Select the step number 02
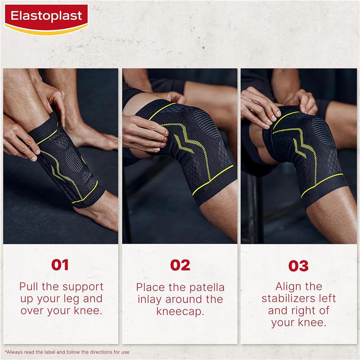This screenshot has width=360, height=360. (x=180, y=265)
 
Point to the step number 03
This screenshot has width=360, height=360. (x=298, y=265)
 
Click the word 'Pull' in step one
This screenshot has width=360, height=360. (x=29, y=287)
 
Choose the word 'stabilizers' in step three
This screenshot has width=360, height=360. (x=299, y=298)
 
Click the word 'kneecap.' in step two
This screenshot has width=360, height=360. (x=180, y=311)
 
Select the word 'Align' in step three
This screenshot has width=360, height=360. (x=291, y=287)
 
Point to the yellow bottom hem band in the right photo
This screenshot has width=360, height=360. (x=321, y=185)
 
